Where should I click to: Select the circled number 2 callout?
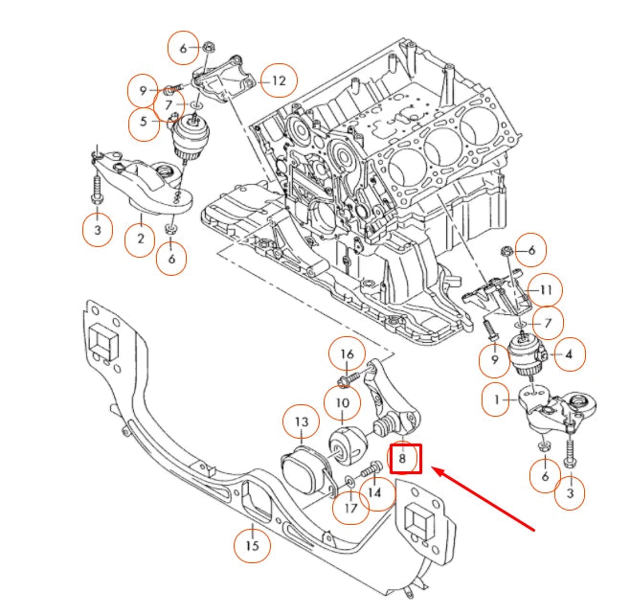point(141,238)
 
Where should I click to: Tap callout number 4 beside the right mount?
point(569,355)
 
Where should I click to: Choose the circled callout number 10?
point(343,403)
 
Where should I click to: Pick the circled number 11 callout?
point(546,289)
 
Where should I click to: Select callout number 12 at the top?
point(279,81)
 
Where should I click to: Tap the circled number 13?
point(301,421)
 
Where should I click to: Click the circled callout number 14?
point(374,493)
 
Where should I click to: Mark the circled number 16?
point(347,354)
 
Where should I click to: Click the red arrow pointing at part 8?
point(483,495)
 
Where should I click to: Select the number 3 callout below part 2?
point(96,231)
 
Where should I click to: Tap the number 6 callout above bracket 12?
point(183,47)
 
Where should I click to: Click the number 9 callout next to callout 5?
point(143,92)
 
